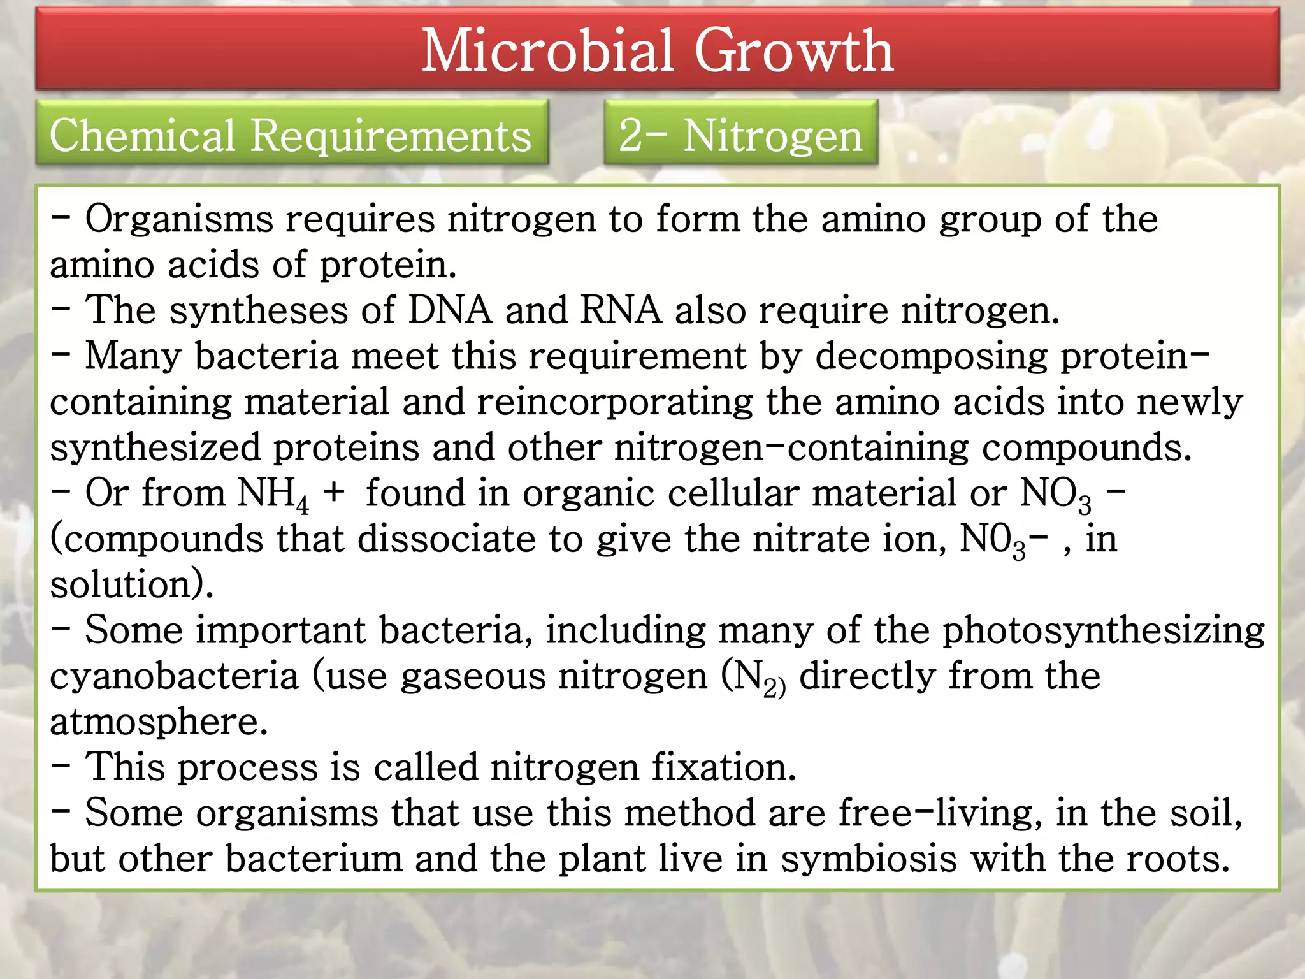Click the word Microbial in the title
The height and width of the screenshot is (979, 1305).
(548, 51)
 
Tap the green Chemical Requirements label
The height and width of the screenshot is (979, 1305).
(291, 135)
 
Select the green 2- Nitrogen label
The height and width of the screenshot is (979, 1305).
(740, 135)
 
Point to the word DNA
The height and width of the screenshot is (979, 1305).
(450, 310)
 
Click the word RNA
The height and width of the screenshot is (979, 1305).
(621, 310)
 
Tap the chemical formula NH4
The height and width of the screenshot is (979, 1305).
(273, 494)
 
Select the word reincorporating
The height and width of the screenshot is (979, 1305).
(615, 403)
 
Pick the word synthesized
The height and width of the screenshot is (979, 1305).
(155, 448)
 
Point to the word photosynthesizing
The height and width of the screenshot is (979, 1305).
(1104, 631)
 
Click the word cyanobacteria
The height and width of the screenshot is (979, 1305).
(174, 676)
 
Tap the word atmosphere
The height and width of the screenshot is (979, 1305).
(159, 722)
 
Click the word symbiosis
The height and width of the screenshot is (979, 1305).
(869, 859)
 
